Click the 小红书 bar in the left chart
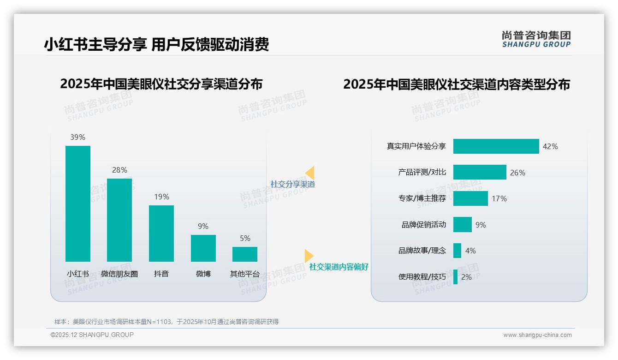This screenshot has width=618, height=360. pos(78,204)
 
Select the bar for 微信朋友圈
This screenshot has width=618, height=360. pos(119,220)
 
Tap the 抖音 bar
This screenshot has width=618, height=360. pos(161,233)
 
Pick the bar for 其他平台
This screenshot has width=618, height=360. pos(245,254)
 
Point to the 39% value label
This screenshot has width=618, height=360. pos(78,137)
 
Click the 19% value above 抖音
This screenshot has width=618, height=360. pos(161,197)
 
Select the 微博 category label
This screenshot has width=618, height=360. pos(203,274)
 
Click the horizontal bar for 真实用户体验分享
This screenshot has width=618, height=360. pos(496,146)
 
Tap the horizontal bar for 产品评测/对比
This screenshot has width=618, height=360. pos(480,172)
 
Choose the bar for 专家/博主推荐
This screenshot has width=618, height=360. pos(470,198)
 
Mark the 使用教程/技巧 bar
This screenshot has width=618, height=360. pos(456,277)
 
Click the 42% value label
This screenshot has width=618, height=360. pos(550,146)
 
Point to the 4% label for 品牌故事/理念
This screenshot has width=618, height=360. pos(470,251)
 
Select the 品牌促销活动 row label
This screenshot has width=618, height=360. pos(424,225)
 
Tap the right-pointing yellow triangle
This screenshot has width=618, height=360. pos(309,256)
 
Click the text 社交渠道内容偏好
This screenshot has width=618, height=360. pos(339,267)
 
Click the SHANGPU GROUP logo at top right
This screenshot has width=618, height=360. pos(536,39)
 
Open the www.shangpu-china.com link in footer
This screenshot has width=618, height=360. pos(537,335)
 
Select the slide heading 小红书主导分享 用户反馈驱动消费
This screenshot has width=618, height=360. pos(156,44)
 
